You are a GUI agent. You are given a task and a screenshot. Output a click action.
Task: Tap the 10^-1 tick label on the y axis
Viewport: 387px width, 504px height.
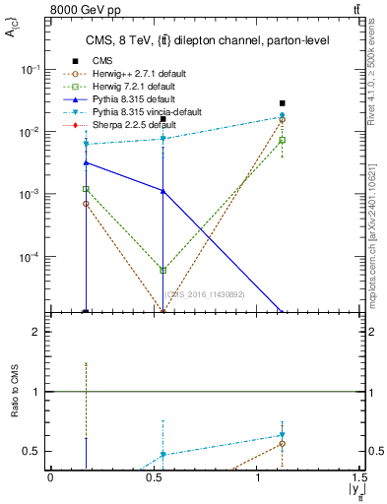click(30, 69)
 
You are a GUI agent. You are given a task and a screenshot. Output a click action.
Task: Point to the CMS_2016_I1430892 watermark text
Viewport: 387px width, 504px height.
click(205, 294)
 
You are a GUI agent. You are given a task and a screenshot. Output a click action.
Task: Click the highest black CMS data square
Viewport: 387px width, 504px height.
click(282, 103)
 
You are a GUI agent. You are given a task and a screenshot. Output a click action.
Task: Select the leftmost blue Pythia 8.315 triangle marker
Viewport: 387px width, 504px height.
click(87, 162)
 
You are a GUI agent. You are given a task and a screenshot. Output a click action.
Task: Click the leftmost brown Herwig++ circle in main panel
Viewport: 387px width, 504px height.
click(87, 204)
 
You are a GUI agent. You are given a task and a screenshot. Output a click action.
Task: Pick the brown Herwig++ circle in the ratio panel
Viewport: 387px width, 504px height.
click(282, 444)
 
